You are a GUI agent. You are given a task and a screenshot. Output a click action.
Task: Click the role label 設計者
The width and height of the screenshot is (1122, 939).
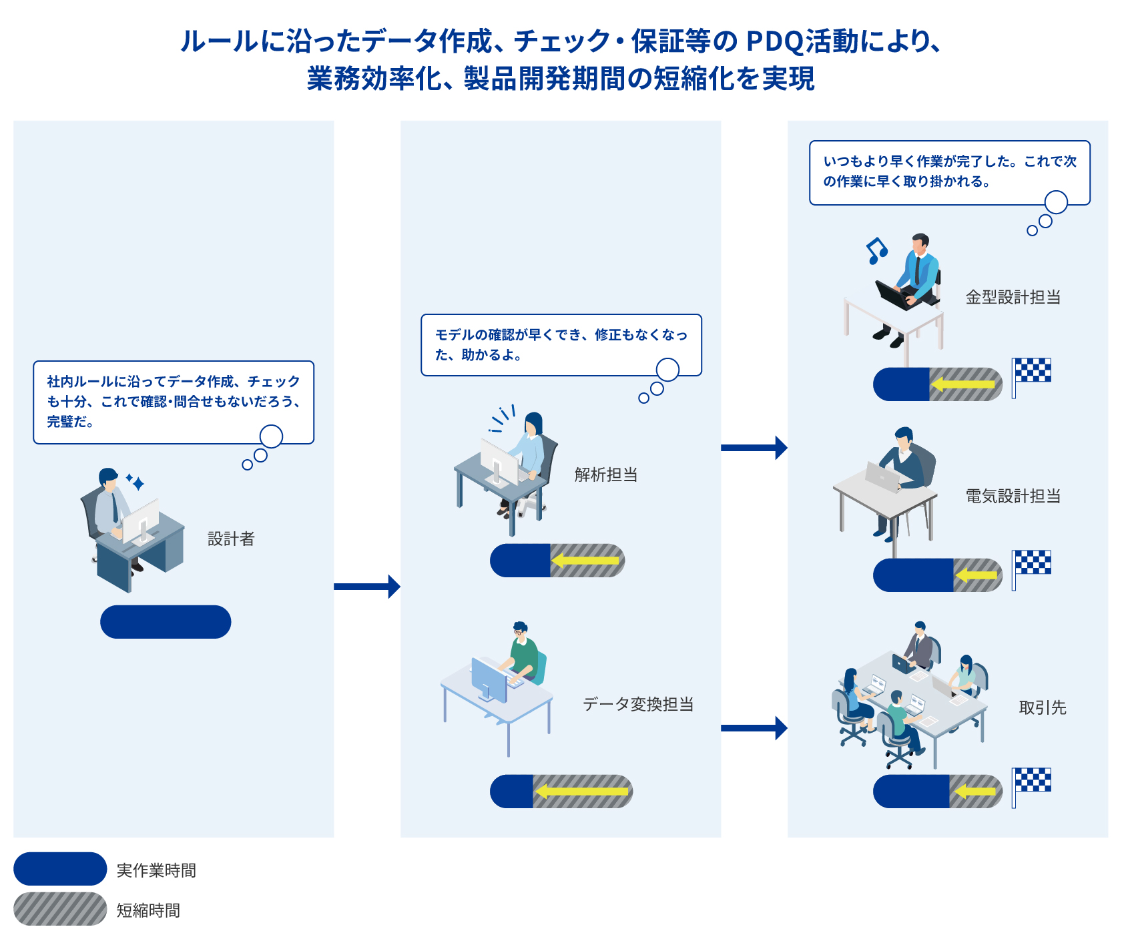(231, 539)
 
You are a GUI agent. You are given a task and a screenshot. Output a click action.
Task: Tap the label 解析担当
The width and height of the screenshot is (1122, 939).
(606, 475)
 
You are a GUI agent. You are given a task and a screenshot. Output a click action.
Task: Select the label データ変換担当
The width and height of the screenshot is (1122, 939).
(638, 704)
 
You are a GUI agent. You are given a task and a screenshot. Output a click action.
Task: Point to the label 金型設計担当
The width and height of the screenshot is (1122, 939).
(1013, 297)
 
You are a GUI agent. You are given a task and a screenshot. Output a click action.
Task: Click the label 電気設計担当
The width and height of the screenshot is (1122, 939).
(1013, 496)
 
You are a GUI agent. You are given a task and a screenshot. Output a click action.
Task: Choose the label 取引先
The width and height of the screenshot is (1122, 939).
(1043, 707)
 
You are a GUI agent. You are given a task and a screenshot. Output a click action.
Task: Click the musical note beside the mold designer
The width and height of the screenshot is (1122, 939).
(876, 251)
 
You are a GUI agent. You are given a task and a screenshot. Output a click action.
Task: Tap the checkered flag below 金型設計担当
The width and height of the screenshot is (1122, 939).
(1031, 377)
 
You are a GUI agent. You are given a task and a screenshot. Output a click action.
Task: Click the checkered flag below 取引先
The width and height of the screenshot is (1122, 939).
(1031, 787)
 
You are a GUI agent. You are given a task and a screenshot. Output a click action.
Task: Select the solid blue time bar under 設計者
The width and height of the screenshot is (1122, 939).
(166, 622)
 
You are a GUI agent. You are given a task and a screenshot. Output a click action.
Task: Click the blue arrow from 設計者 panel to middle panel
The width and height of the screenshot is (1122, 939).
(367, 587)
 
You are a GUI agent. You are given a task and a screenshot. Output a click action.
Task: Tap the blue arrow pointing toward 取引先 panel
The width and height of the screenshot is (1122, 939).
(754, 728)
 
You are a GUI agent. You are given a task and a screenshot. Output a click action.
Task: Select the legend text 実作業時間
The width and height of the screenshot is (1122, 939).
(156, 870)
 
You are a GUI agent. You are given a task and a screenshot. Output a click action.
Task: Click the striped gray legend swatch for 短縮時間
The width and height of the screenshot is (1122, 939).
(60, 909)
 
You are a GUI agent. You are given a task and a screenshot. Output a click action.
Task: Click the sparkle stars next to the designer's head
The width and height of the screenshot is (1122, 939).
(135, 482)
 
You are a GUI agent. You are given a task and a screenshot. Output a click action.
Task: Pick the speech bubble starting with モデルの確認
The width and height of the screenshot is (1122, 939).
(561, 345)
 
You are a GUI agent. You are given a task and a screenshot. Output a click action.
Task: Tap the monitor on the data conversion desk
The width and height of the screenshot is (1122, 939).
(489, 679)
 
